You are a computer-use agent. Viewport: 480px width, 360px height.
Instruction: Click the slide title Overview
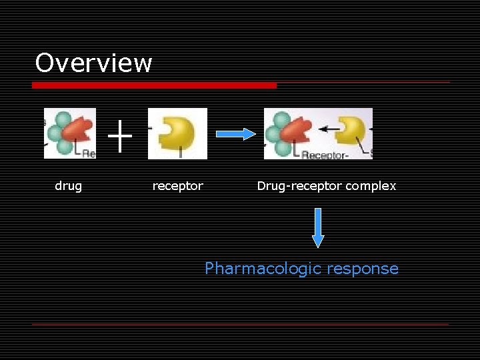(x=93, y=63)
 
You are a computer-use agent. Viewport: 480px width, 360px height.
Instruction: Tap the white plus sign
(x=120, y=137)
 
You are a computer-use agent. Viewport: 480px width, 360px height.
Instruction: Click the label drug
(x=68, y=186)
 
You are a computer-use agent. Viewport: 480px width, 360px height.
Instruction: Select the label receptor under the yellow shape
(x=177, y=186)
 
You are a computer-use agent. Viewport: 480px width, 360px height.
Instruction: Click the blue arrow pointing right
(x=235, y=134)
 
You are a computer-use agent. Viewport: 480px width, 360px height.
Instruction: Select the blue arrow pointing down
(x=318, y=227)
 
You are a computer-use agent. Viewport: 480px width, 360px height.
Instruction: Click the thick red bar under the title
(x=154, y=85)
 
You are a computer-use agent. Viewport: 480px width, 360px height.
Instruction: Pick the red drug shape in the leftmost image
(x=79, y=130)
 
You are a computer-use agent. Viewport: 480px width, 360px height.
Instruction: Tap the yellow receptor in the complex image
(x=351, y=129)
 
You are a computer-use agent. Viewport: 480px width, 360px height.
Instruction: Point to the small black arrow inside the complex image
(x=327, y=127)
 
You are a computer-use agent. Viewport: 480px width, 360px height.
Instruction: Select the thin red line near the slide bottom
(x=240, y=324)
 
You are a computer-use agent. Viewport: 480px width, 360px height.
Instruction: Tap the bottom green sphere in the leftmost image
(x=64, y=146)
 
